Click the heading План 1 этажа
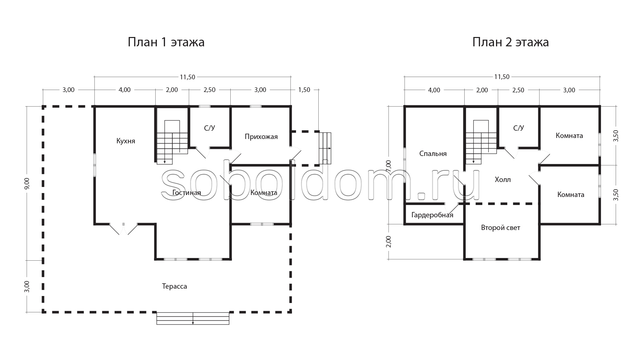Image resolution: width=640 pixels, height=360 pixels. (166, 42)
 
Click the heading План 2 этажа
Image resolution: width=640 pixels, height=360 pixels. (510, 42)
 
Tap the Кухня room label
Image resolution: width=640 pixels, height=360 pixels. (126, 141)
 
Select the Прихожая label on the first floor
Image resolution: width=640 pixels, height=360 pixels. (261, 137)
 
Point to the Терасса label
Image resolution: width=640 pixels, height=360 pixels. (174, 286)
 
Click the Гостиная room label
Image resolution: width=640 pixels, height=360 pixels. (187, 193)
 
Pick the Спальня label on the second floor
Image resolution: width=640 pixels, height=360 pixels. (433, 154)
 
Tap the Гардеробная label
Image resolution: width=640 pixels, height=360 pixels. (432, 215)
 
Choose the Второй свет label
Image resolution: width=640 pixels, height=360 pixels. (501, 228)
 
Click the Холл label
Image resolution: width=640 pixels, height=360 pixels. (503, 180)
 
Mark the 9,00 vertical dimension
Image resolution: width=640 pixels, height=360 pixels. (27, 183)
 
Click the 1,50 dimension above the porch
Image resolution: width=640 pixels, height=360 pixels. (304, 90)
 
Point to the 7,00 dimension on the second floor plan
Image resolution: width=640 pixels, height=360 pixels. (388, 166)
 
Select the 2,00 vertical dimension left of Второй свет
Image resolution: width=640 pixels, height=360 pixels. (388, 242)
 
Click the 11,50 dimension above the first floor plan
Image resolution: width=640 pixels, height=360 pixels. (187, 77)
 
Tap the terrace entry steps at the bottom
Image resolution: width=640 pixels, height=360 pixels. (193, 318)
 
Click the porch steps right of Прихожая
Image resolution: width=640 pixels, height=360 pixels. (325, 148)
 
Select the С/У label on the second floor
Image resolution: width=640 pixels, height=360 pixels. (518, 128)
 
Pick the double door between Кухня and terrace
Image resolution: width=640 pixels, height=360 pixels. (123, 229)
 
